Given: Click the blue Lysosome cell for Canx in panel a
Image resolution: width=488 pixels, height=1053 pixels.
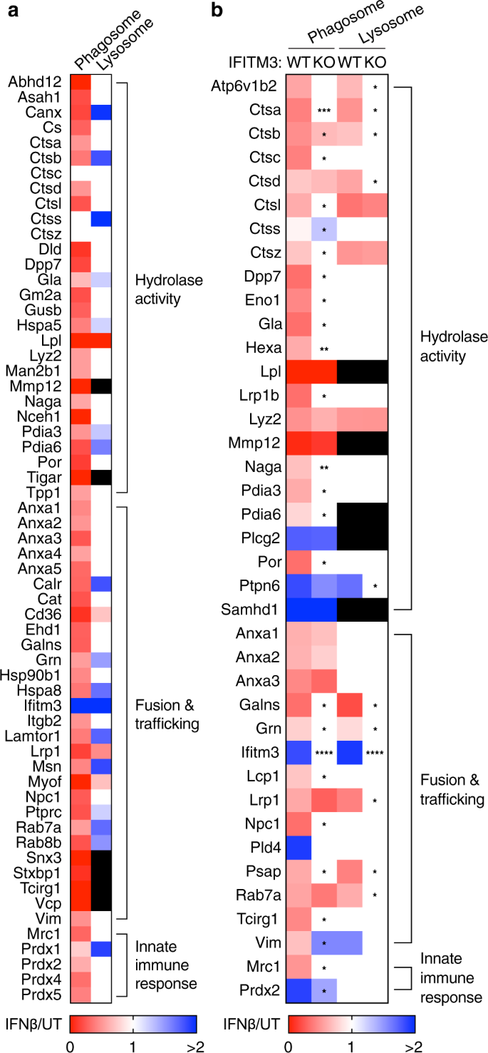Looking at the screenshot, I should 100,112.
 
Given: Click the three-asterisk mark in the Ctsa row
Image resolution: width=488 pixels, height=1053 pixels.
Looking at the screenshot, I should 323,110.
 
